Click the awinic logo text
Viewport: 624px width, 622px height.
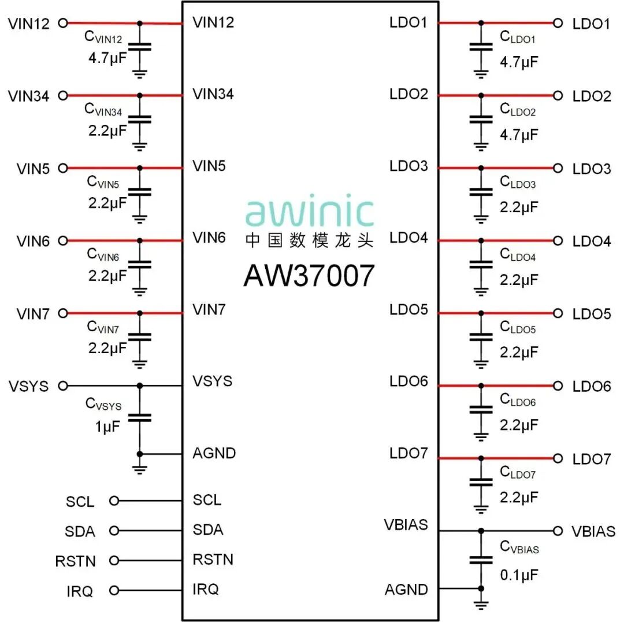[309, 212]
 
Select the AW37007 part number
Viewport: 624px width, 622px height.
[309, 275]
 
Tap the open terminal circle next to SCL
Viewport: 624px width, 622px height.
[114, 501]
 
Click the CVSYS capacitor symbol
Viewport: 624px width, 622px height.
[139, 417]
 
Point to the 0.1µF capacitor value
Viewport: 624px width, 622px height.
[519, 575]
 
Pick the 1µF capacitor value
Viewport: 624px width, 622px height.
[107, 427]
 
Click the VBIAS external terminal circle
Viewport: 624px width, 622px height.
[558, 531]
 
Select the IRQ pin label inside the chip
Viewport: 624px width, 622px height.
[206, 590]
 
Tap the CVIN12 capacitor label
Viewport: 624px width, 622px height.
[104, 38]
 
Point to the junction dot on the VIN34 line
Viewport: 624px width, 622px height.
[139, 95]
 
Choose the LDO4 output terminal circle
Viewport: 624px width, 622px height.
[558, 240]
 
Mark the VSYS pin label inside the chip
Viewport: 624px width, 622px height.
[212, 382]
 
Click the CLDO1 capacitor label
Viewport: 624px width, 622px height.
[518, 38]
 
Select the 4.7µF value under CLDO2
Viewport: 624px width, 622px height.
[519, 135]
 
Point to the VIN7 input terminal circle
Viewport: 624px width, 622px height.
[64, 313]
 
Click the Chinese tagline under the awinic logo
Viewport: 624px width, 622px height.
[309, 240]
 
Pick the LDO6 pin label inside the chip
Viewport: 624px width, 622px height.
[408, 382]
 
